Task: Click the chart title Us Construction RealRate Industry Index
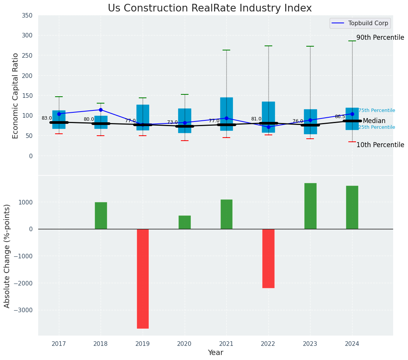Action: (x=210, y=8)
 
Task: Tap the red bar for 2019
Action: (x=143, y=279)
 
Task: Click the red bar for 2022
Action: (x=268, y=258)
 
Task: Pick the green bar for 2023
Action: (x=310, y=206)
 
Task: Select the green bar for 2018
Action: (x=101, y=216)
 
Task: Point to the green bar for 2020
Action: (x=185, y=222)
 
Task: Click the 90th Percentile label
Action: (x=380, y=38)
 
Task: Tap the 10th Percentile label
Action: (x=380, y=145)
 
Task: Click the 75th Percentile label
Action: (x=377, y=110)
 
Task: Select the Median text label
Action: (x=374, y=121)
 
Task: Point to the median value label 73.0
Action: (x=172, y=122)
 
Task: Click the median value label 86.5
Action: (x=340, y=117)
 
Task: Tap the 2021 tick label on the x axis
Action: (x=226, y=344)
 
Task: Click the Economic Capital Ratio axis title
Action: (x=16, y=96)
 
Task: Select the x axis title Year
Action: (x=216, y=353)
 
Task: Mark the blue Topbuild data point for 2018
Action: (x=101, y=110)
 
